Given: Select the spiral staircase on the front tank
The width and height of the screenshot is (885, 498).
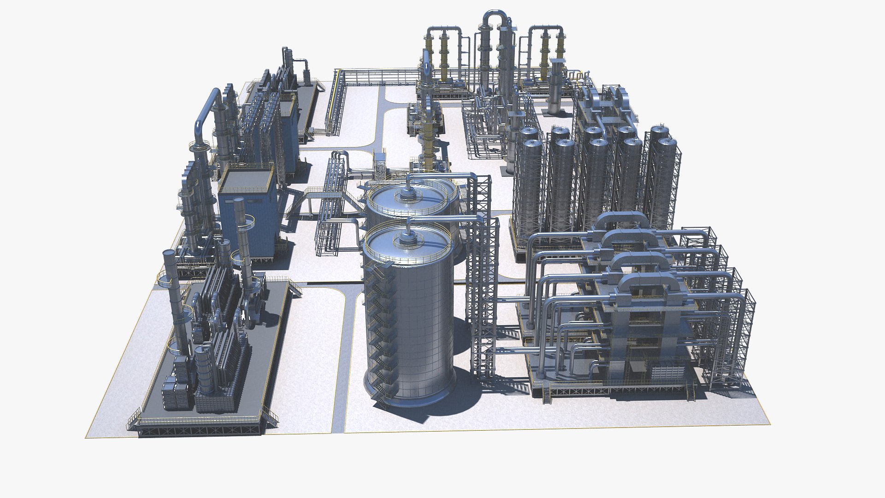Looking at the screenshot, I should pos(379,332).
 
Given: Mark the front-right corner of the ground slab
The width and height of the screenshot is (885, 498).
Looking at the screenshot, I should pos(770,424).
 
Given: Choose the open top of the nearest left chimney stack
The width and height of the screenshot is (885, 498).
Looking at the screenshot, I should pos(169,253).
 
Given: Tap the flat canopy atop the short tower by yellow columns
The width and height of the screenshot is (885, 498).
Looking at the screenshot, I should pos(556,60).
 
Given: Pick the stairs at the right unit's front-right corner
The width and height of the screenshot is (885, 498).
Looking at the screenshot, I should pos(690,392).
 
